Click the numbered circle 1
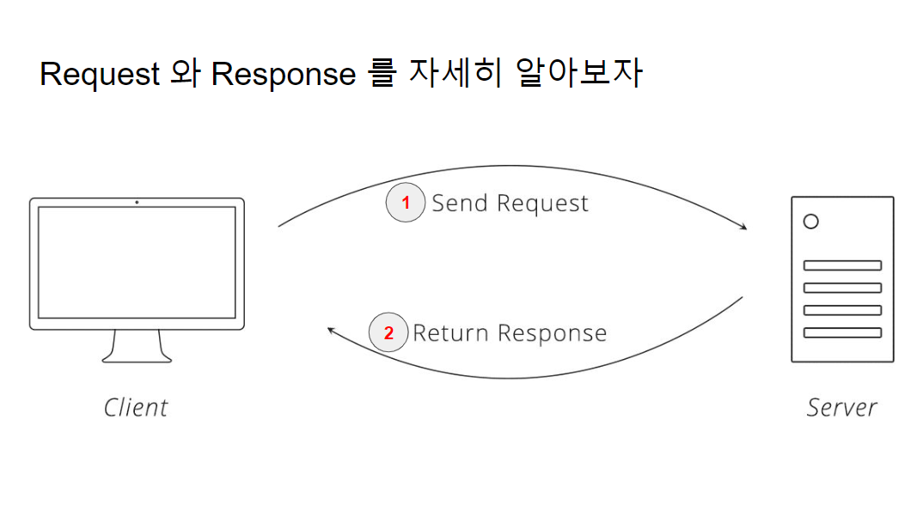pos(406,204)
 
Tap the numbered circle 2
pos(388,333)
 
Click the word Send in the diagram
pos(461,204)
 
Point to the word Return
pos(451,333)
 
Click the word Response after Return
pos(553,333)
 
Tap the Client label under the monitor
pos(136,407)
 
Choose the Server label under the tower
pos(841,407)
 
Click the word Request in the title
pos(100,74)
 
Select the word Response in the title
pos(284,74)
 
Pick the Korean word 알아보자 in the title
pos(580,74)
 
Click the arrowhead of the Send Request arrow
pos(743,228)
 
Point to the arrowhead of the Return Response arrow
pos(332,329)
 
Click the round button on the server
pos(810,222)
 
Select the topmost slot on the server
pos(842,265)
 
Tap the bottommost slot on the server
pos(842,332)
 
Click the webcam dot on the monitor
pos(137,202)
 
